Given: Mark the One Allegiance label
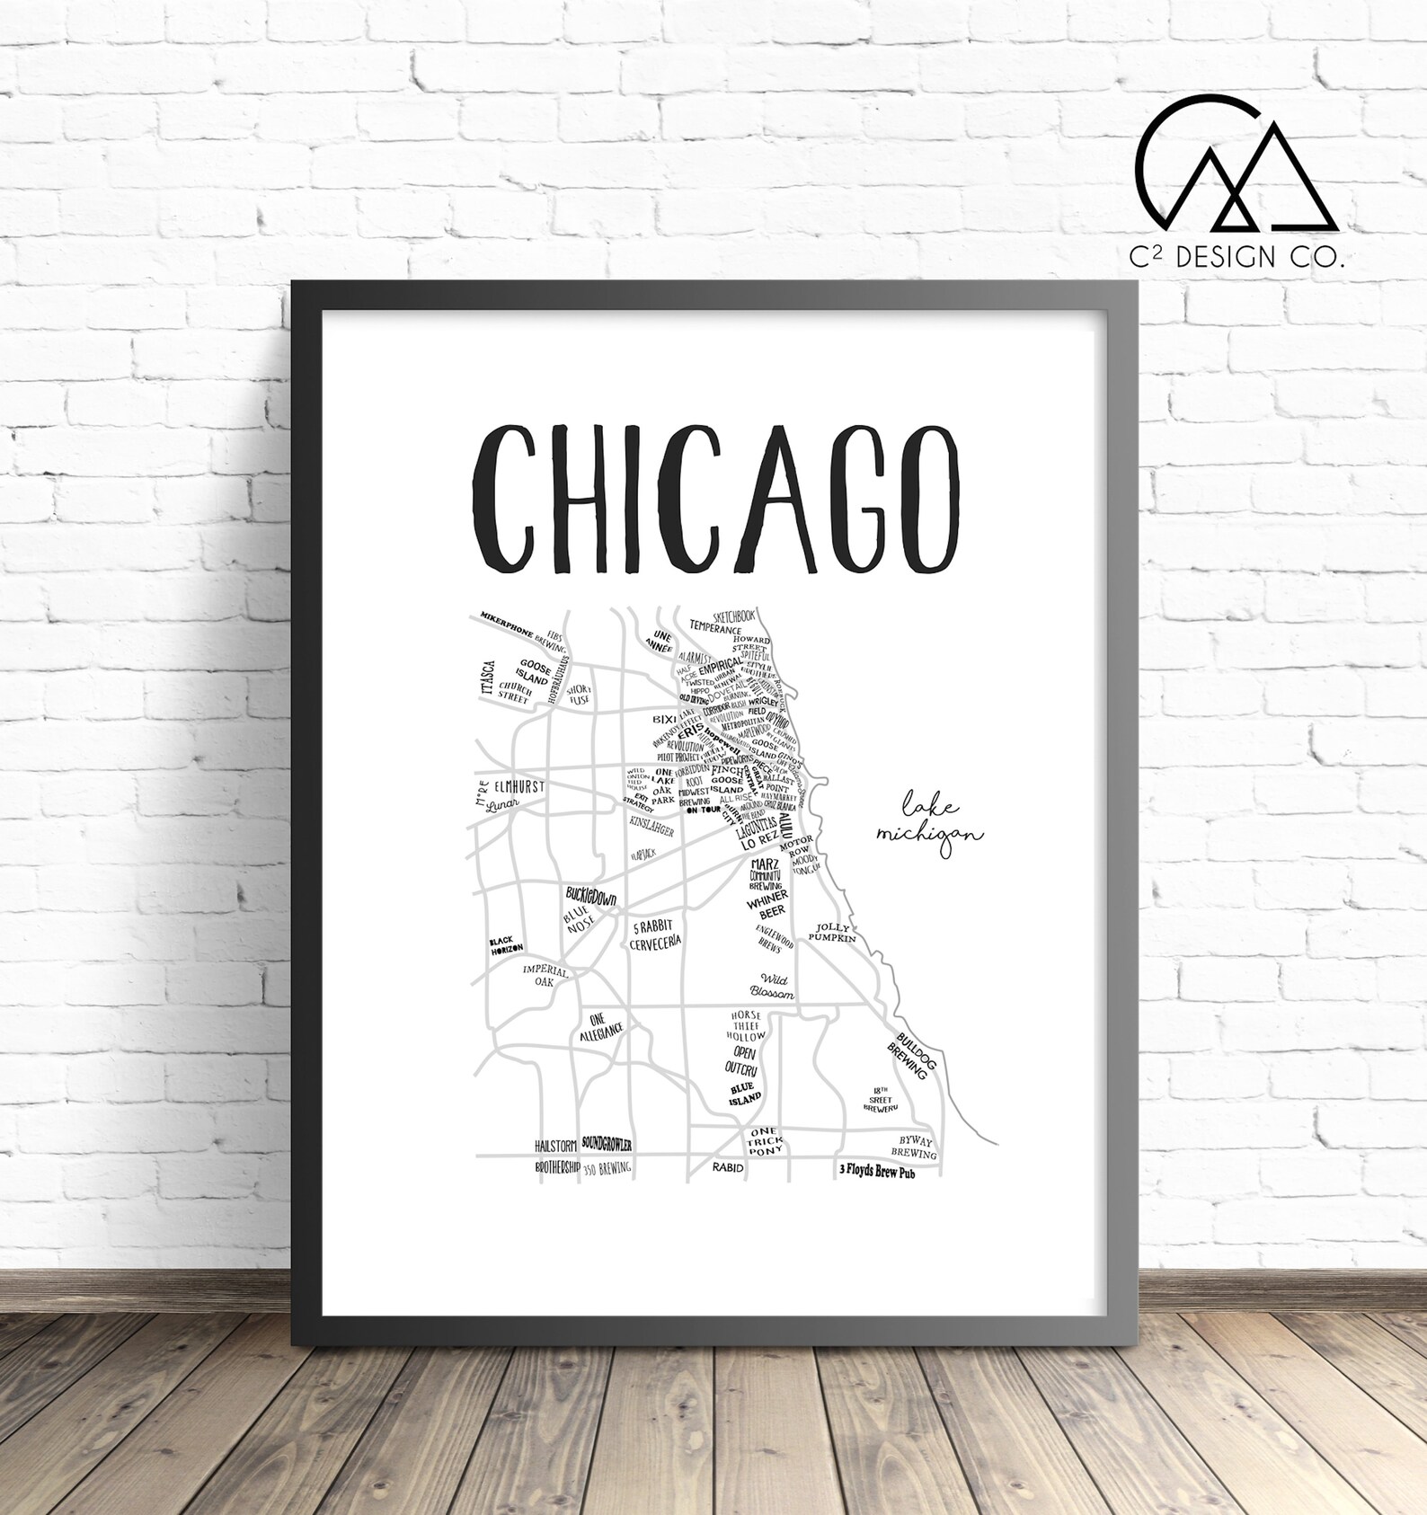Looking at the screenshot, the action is (x=601, y=1027).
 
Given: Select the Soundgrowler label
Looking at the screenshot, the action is (x=607, y=1144).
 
